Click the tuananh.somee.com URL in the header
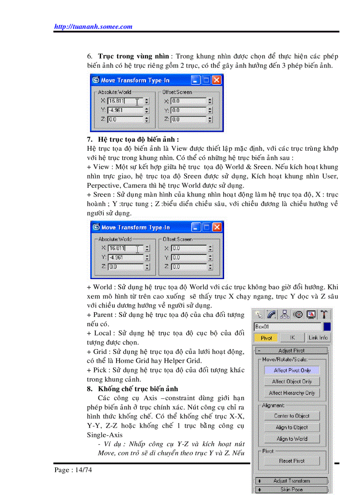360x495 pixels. [x=93, y=26]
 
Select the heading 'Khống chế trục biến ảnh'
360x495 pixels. [x=138, y=389]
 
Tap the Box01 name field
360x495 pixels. [x=287, y=327]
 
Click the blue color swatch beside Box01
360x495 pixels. [x=327, y=327]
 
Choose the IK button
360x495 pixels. [x=292, y=338]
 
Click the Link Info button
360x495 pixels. [x=318, y=338]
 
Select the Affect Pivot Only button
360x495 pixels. [x=292, y=370]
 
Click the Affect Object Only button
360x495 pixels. [x=292, y=381]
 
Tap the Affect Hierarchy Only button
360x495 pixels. [x=292, y=393]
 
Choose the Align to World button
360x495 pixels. [x=292, y=439]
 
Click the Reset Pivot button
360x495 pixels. [x=292, y=461]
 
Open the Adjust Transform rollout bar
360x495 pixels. [x=292, y=481]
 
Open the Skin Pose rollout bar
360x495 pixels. [x=292, y=489]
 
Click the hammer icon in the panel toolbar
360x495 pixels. [x=325, y=314]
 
